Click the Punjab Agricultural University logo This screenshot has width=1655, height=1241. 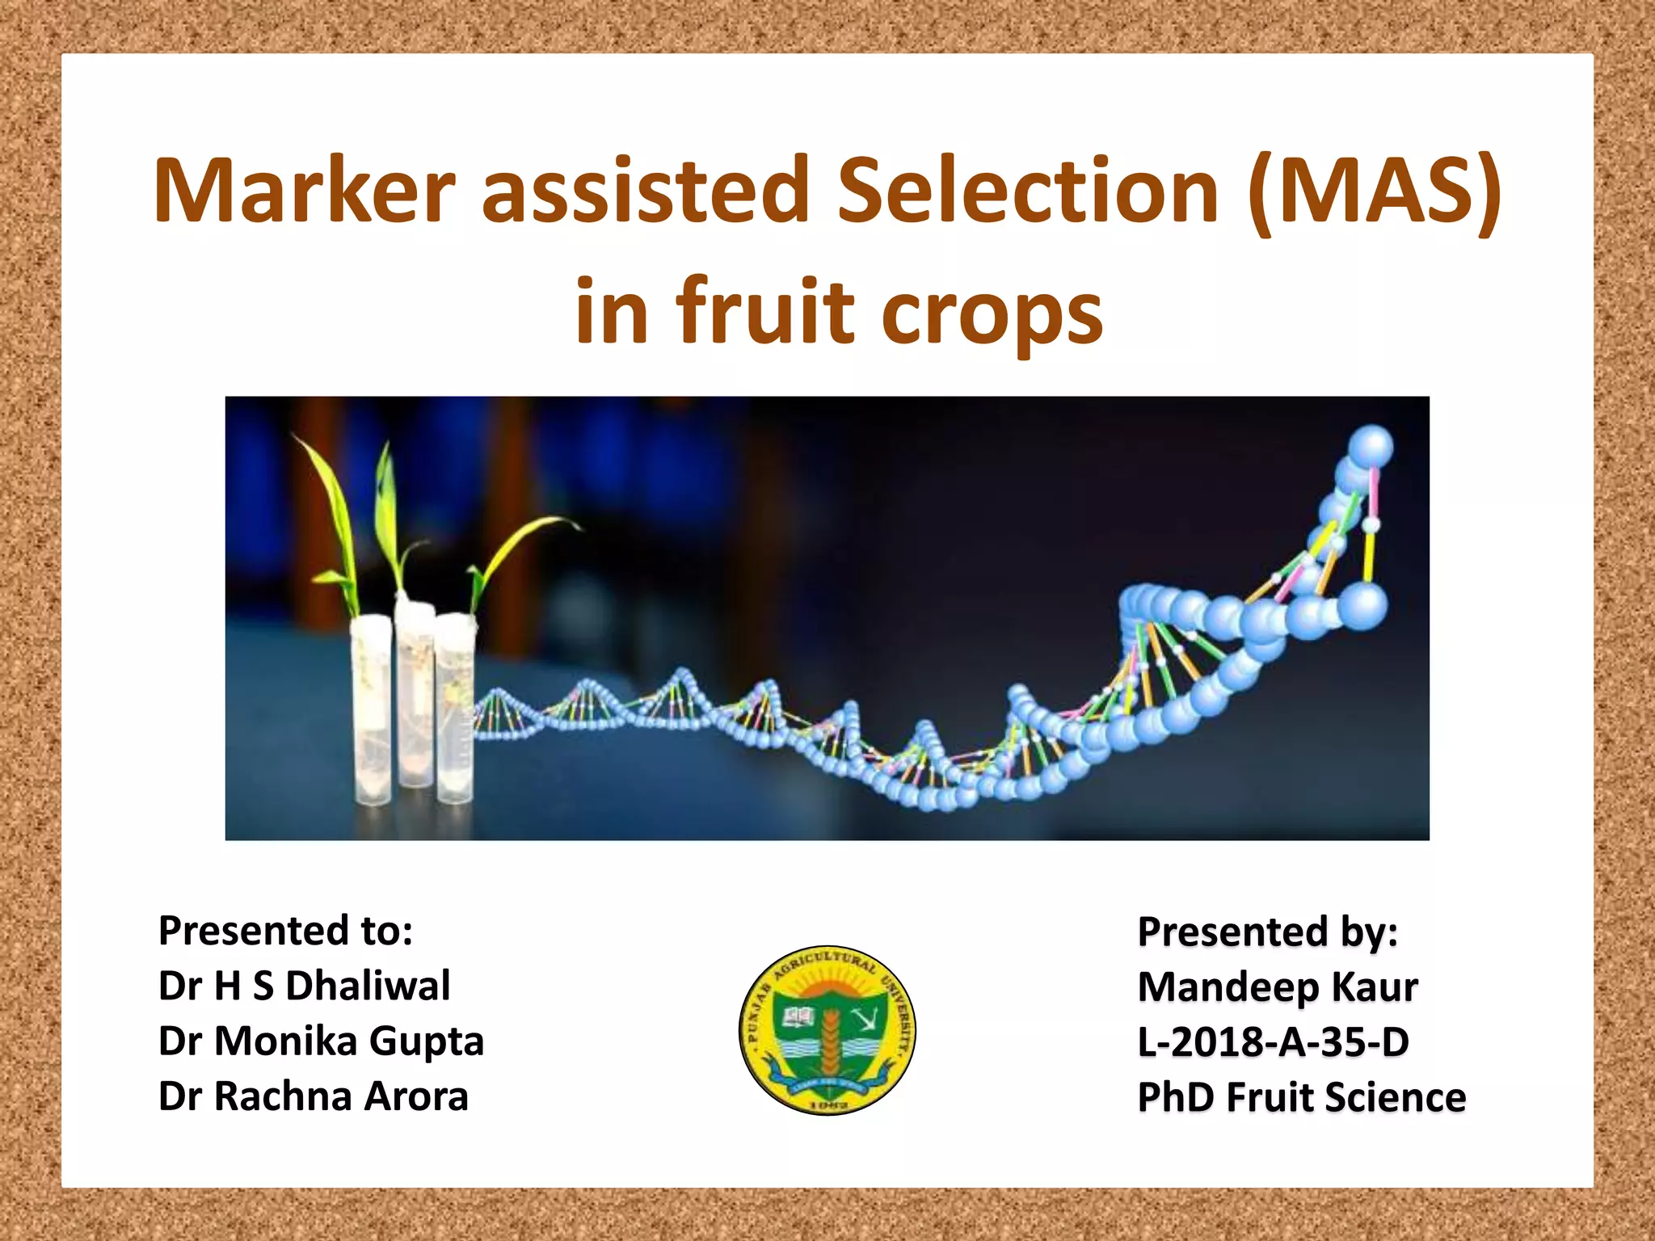click(827, 1030)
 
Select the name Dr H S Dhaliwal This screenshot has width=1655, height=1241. click(304, 986)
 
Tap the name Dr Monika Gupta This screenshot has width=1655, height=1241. click(321, 1041)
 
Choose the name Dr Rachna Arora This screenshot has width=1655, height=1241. click(313, 1096)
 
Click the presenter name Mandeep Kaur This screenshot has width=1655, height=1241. click(1277, 987)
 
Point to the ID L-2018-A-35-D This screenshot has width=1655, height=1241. click(1273, 1042)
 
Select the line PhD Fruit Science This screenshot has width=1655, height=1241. click(1301, 1097)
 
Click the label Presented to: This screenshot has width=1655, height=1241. click(285, 931)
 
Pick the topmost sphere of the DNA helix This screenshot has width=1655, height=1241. click(1371, 447)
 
